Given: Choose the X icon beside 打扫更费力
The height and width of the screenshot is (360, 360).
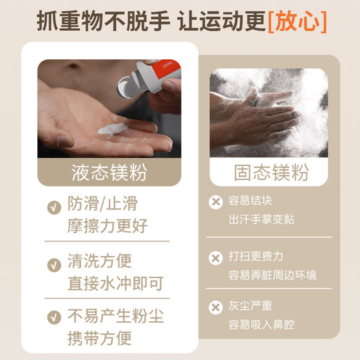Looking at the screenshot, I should [x=215, y=257].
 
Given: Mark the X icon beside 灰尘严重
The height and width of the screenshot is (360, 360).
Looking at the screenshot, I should [x=215, y=307].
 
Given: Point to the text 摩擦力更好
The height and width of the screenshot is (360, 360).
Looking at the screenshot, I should [x=107, y=226].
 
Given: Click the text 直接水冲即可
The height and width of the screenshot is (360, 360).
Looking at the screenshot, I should [x=115, y=283].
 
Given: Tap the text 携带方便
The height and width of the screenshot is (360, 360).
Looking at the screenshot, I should [x=98, y=338].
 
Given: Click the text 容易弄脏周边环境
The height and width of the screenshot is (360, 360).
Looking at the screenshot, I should [x=272, y=275].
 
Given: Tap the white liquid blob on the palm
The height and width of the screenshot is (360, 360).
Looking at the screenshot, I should [x=106, y=129].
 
